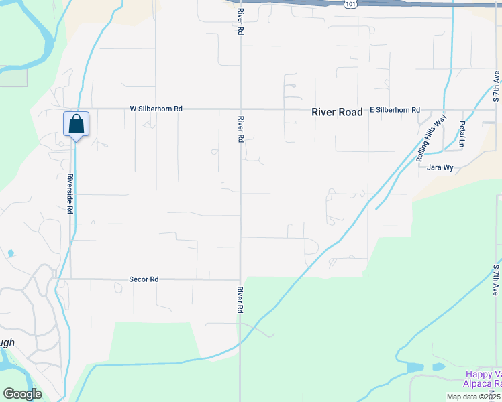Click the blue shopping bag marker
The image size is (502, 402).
click(77, 125)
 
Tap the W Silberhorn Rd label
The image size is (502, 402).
click(156, 109)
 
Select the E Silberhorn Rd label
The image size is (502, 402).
click(395, 110)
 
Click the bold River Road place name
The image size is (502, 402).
click(337, 113)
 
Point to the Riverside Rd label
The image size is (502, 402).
click(69, 194)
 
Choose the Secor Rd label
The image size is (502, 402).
click(144, 279)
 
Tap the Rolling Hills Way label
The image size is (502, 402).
click(422, 139)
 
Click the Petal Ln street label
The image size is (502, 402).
click(462, 135)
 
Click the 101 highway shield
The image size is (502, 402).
click(350, 4)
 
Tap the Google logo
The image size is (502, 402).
click(22, 394)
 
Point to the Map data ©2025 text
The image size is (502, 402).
click(473, 397)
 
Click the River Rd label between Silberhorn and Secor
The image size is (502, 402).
click(240, 129)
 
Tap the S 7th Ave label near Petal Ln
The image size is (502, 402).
click(496, 85)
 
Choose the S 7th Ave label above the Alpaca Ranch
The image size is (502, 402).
click(496, 280)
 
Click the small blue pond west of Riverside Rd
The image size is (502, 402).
click(11, 253)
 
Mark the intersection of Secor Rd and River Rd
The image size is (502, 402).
click(240, 279)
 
